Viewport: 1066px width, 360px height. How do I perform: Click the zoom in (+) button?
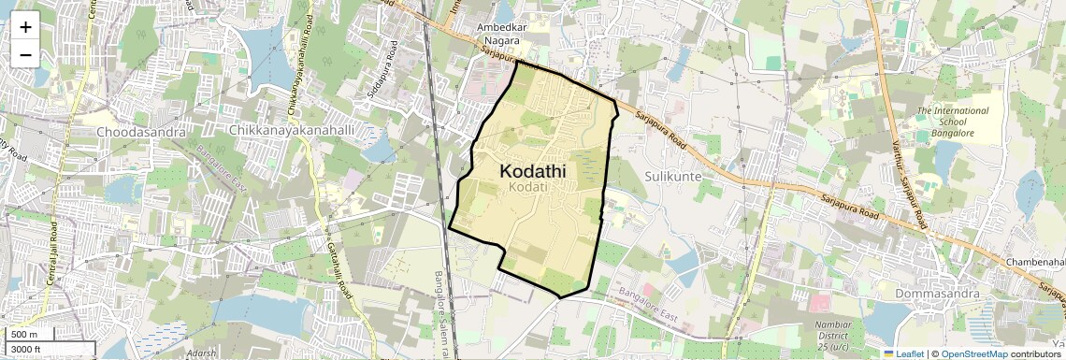pos(25,26)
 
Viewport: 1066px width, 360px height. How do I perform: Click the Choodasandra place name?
pos(139,132)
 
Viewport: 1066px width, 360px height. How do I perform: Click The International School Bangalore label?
pos(952,122)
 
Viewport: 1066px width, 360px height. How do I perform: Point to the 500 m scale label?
pos(25,335)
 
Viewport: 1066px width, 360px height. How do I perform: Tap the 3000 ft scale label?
pos(28,349)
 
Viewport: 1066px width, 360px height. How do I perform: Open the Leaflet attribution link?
pos(903,353)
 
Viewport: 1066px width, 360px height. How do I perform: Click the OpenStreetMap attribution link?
pos(973,353)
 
